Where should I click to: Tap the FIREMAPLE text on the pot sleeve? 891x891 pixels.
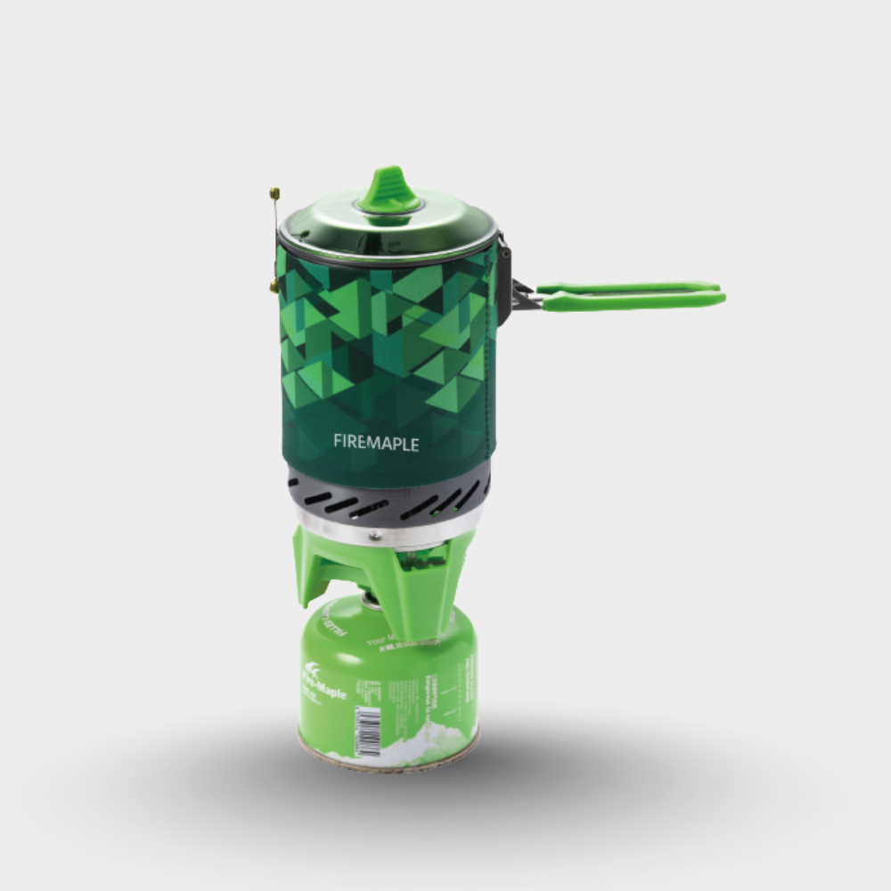tap(376, 442)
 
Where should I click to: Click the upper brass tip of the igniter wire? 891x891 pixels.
tap(274, 192)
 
